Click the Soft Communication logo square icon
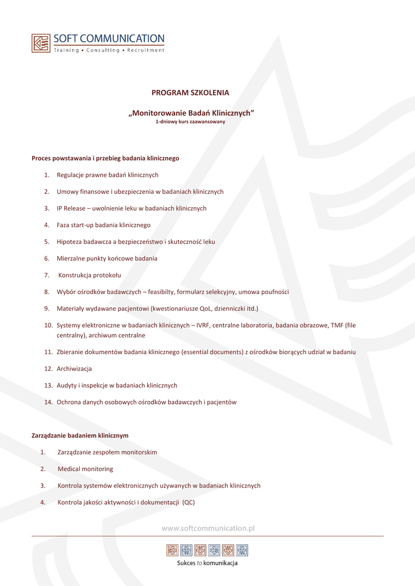[x=41, y=43]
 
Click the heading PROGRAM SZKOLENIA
[x=190, y=93]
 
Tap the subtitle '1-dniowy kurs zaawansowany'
[x=191, y=122]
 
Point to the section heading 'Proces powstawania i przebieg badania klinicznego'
[x=105, y=158]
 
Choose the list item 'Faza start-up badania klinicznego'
[x=104, y=225]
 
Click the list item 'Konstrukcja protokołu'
[x=89, y=275]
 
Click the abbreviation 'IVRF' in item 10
[x=204, y=326]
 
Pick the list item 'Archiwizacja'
[x=74, y=369]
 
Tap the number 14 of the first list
[x=48, y=402]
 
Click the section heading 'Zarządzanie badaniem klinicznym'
[x=80, y=435]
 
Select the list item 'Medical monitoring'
[x=85, y=469]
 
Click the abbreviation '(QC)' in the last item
[x=188, y=502]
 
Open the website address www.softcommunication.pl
[x=208, y=529]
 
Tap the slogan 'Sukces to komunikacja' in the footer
[x=207, y=563]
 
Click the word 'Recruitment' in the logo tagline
[x=145, y=50]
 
